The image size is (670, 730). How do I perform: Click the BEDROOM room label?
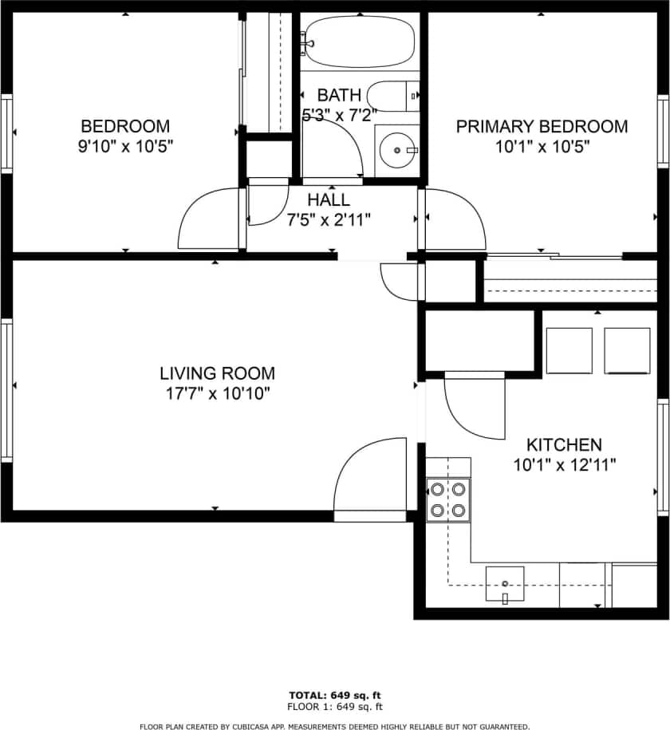coord(125,126)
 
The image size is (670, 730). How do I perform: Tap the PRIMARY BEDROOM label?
coord(542,126)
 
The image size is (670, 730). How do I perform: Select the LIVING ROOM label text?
coord(217,373)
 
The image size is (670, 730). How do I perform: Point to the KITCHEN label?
coord(564,444)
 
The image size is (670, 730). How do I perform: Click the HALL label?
coord(328,200)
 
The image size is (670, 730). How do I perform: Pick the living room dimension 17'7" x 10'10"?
coord(217,393)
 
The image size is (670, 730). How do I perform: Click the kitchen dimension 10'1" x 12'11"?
coord(565,464)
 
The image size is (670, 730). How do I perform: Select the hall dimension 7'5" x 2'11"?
coord(328,219)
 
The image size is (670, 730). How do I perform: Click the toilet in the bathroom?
coord(394,97)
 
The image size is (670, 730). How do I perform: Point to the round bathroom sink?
coord(396,148)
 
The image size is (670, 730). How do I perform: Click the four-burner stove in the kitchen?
coord(448,499)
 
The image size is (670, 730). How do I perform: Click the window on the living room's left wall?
coord(7,389)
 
